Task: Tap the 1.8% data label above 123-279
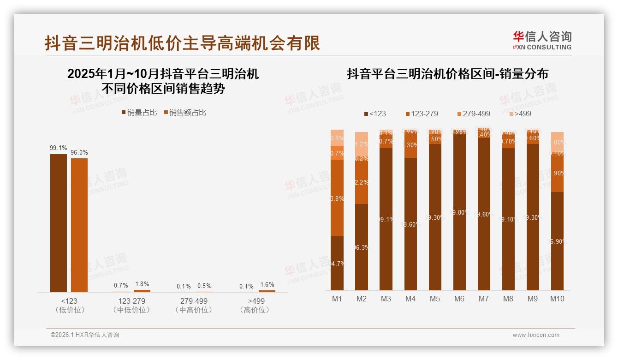pos(142,284)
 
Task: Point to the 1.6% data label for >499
pos(267,285)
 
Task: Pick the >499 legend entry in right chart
pos(520,114)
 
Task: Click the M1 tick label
pos(337,299)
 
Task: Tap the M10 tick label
pos(557,299)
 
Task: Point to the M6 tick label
pos(459,299)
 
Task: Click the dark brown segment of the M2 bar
pos(362,247)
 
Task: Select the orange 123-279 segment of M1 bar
pos(337,198)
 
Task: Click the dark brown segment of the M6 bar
pos(459,212)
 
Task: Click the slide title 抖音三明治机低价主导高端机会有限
pos(182,43)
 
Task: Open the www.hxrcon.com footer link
pos(536,335)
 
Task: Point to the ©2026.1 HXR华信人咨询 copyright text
pos(85,335)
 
